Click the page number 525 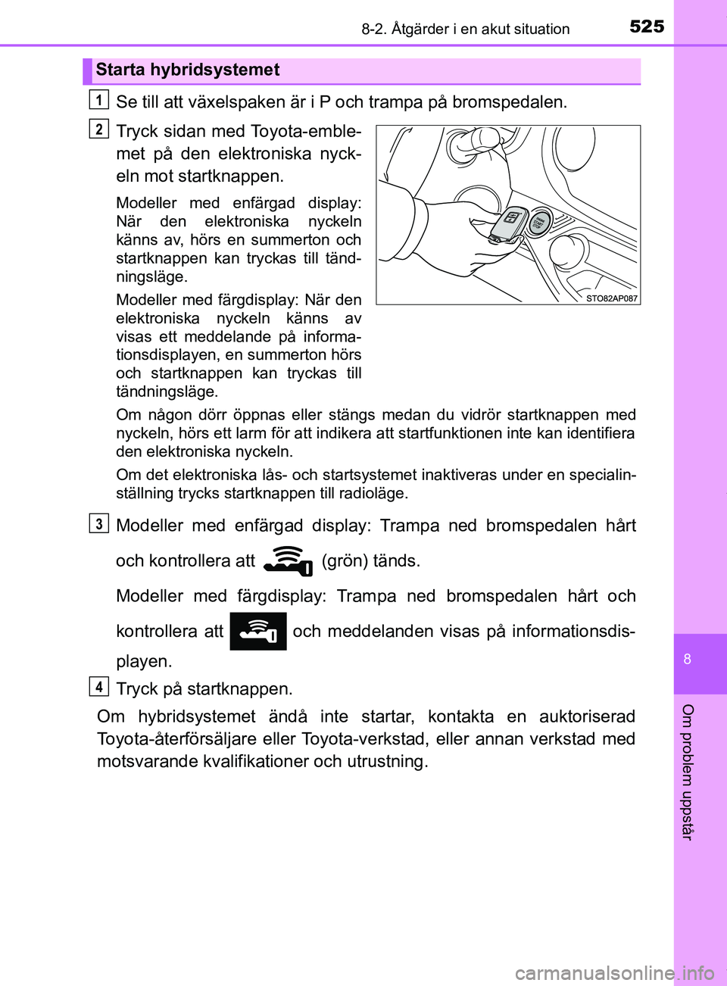[x=647, y=27]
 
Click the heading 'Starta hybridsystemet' [x=187, y=70]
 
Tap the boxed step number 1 [x=98, y=99]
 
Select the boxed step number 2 [x=98, y=129]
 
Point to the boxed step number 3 [x=98, y=523]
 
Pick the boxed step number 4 [x=98, y=687]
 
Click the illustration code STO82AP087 [x=612, y=298]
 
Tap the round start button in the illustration [x=538, y=223]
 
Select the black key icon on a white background [x=288, y=561]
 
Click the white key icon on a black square [x=257, y=632]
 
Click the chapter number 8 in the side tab [x=688, y=659]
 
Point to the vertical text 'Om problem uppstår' [x=688, y=771]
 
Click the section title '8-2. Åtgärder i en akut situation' [x=465, y=30]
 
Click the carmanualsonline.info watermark [x=614, y=972]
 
